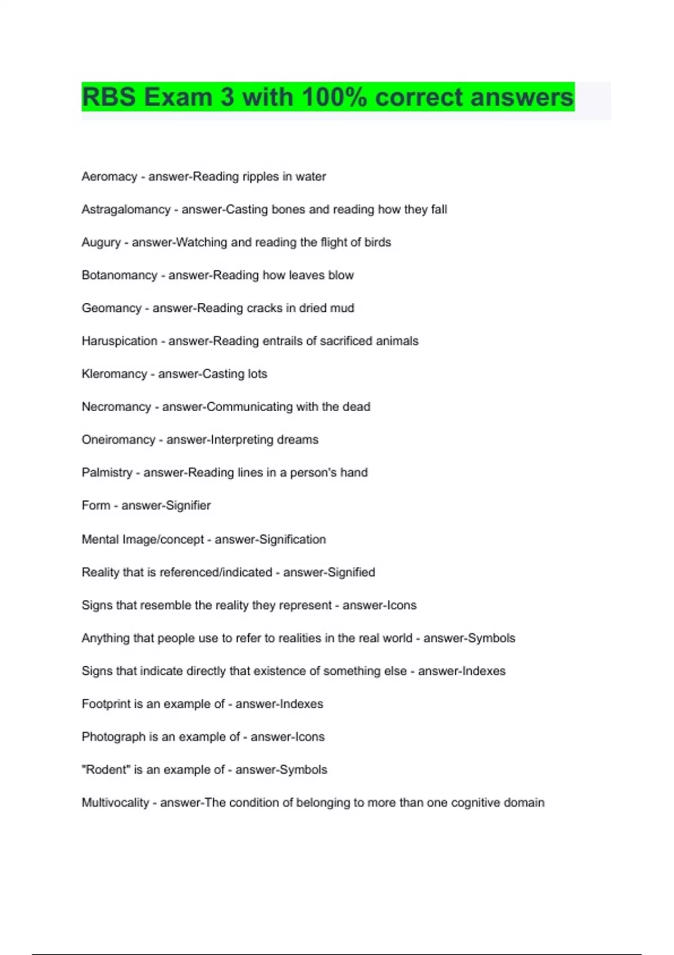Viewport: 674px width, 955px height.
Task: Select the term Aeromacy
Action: point(110,176)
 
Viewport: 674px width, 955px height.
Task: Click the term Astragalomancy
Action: point(126,210)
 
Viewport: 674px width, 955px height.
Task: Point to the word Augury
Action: point(101,242)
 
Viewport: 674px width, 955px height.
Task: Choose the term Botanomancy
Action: point(119,275)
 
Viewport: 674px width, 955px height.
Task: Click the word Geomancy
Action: point(111,308)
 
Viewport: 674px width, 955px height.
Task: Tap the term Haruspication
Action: point(119,341)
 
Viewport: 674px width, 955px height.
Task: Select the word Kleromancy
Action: point(114,374)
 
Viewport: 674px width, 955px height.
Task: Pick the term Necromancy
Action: point(116,407)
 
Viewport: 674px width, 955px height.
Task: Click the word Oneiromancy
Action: point(118,439)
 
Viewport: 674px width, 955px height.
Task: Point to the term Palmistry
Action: point(107,472)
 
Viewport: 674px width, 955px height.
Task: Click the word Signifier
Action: point(188,506)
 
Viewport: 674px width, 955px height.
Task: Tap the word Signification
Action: point(292,539)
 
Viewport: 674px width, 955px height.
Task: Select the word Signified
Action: point(352,572)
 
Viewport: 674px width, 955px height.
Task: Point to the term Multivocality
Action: point(115,803)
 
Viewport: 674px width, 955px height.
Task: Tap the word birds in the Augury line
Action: point(377,242)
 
